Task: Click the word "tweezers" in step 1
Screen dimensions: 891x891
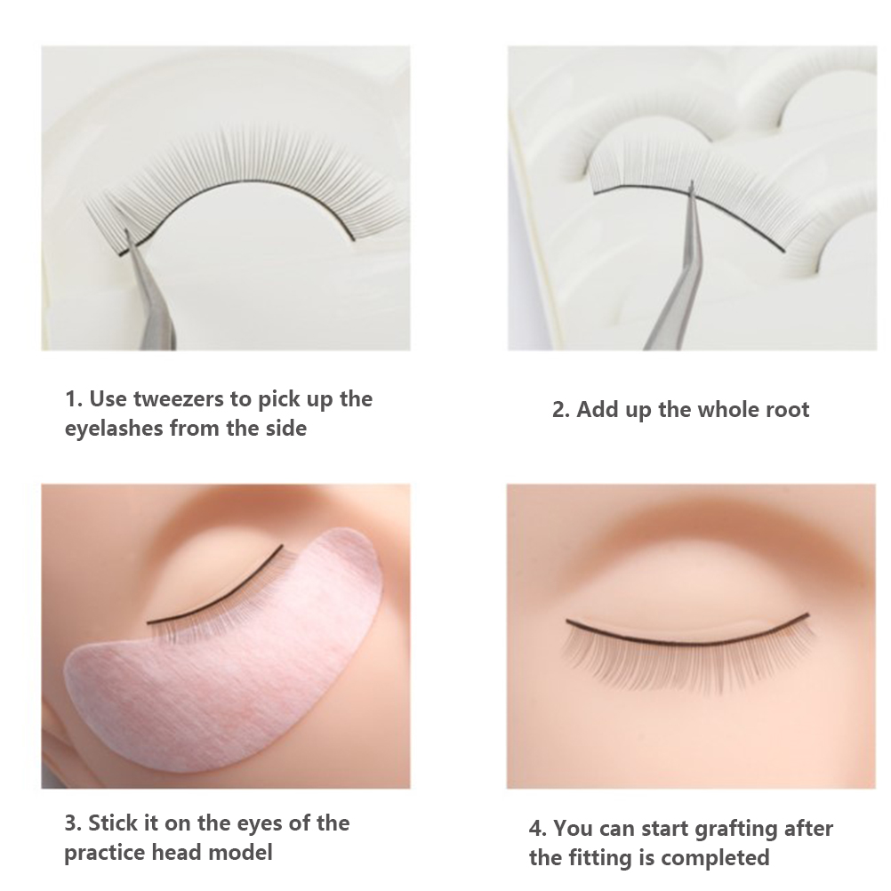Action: pyautogui.click(x=179, y=399)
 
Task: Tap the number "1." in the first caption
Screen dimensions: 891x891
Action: pyautogui.click(x=74, y=399)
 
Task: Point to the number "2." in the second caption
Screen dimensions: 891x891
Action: pyautogui.click(x=561, y=410)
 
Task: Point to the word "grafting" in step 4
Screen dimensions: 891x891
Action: pyautogui.click(x=737, y=829)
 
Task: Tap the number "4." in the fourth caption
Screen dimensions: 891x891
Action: pyautogui.click(x=538, y=829)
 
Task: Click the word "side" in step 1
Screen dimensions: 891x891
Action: pyautogui.click(x=285, y=428)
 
